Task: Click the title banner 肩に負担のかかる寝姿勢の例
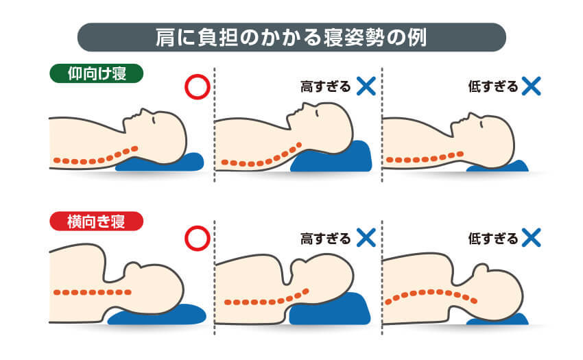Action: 291,37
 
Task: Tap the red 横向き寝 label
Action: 96,221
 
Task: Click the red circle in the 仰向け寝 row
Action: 197,87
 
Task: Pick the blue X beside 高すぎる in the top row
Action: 366,86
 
